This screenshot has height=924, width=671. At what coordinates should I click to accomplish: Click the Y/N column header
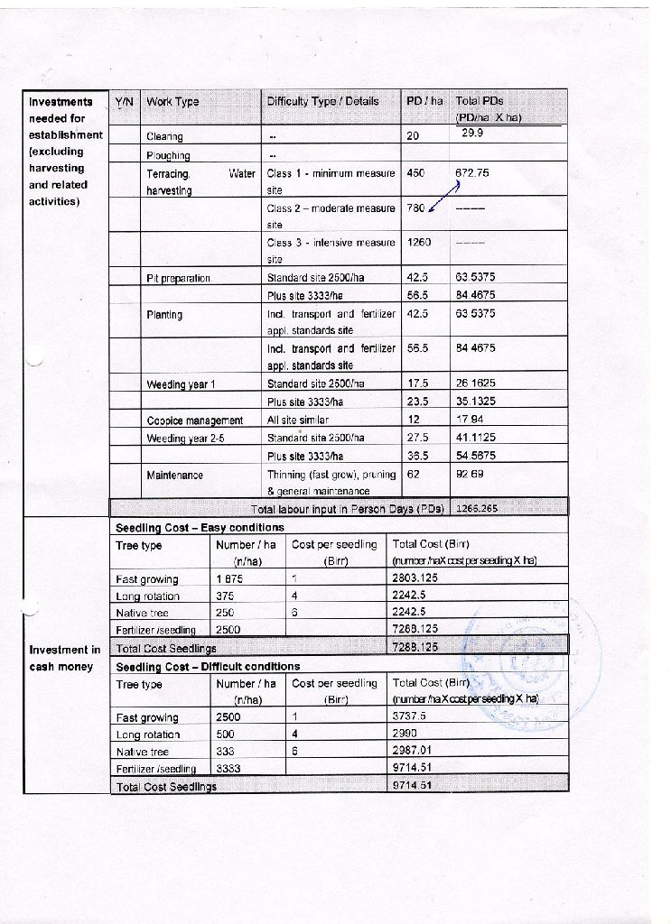125,102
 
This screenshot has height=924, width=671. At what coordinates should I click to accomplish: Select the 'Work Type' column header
172,102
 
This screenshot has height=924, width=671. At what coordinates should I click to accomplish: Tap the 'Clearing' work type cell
164,137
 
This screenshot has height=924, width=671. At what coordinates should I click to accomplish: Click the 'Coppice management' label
194,420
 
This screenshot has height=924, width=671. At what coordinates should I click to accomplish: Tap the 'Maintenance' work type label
174,475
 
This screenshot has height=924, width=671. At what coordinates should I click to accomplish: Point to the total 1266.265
477,508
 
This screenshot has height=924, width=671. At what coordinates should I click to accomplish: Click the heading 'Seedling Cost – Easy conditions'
200,527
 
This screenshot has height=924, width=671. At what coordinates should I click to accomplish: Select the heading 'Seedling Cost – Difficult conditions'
208,666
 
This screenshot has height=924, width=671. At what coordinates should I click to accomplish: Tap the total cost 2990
405,735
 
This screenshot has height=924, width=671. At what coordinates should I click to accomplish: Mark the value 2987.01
413,751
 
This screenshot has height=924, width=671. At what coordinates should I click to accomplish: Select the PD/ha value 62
414,473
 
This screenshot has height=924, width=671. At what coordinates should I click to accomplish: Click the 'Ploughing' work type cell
166,155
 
